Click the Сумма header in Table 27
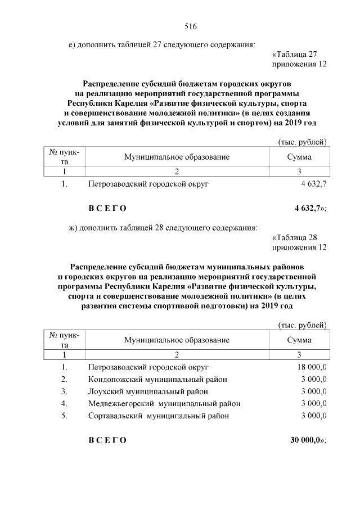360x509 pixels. [x=299, y=157]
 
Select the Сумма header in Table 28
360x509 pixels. [x=299, y=340]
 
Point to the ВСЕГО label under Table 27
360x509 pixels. [x=107, y=209]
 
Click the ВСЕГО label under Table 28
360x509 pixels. [x=107, y=440]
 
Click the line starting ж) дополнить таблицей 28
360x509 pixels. [x=163, y=228]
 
